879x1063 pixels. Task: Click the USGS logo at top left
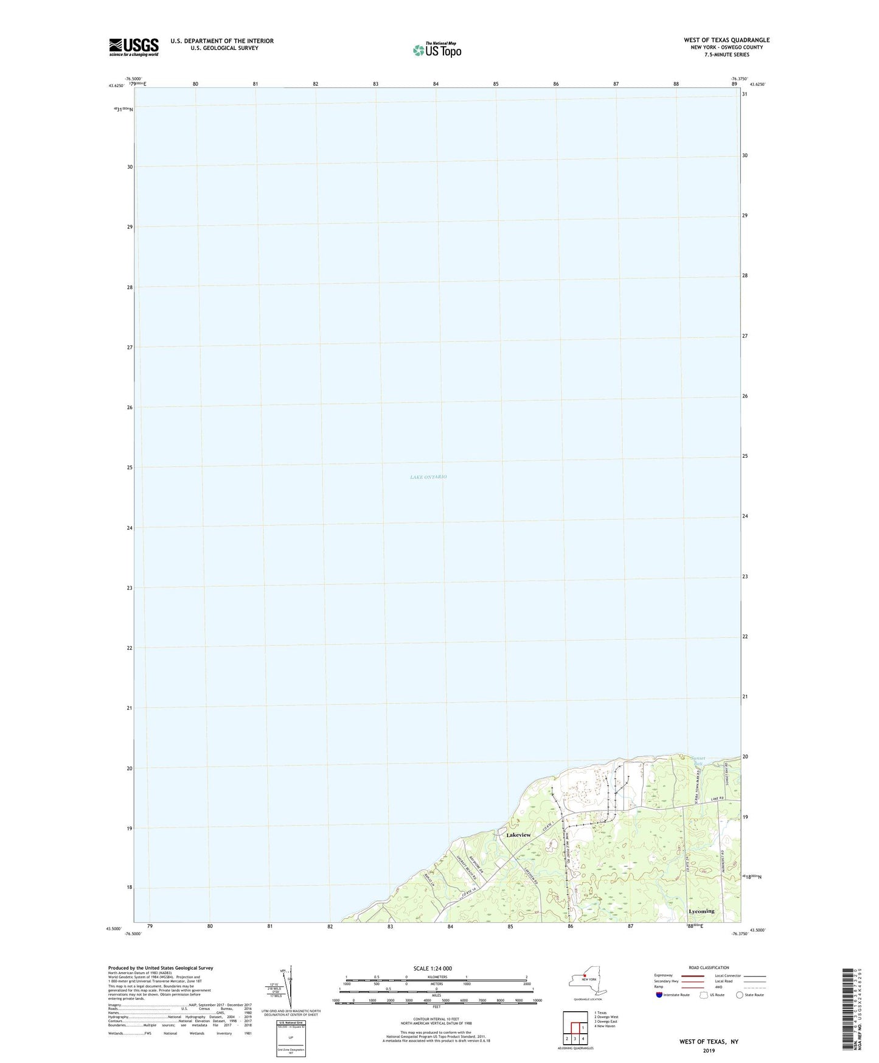click(x=134, y=47)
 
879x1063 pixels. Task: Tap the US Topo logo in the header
click(x=437, y=49)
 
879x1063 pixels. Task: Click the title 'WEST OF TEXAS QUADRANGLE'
click(x=726, y=40)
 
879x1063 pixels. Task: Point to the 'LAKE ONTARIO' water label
click(x=428, y=477)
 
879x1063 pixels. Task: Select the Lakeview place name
click(x=518, y=835)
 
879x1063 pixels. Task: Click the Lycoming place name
click(x=701, y=911)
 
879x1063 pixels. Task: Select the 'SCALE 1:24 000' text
click(x=433, y=969)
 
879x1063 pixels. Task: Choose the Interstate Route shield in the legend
click(x=660, y=995)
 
